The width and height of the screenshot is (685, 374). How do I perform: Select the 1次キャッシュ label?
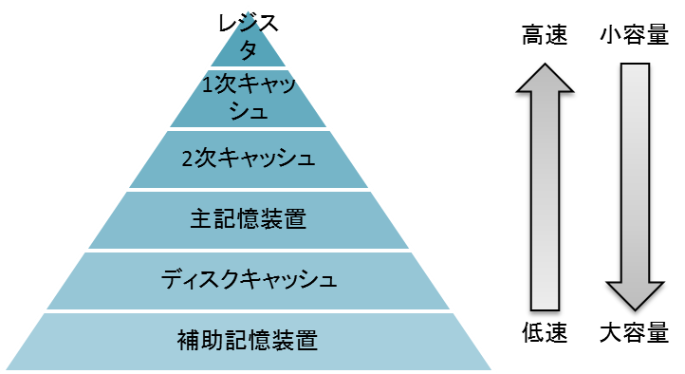point(248,98)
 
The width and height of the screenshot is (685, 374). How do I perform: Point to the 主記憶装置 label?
point(248,219)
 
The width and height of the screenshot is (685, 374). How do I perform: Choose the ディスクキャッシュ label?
point(248,280)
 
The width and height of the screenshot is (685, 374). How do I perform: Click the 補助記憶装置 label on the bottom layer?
point(248,339)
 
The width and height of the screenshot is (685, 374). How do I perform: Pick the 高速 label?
point(545,37)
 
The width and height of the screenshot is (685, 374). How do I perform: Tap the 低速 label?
point(545,333)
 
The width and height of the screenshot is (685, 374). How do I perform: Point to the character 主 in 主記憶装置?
point(200,219)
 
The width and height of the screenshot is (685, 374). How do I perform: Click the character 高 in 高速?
point(532,37)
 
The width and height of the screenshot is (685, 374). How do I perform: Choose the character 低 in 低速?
point(532,333)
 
